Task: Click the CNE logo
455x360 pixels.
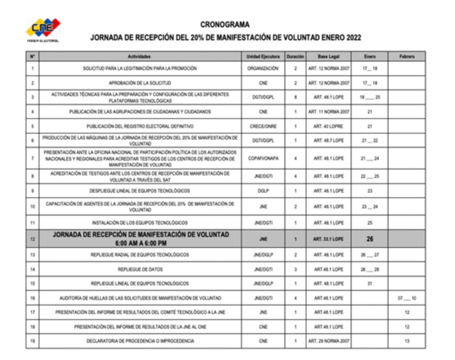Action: [43, 29]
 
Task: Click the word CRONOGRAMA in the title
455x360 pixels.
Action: [225, 25]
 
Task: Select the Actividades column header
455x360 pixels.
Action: [139, 56]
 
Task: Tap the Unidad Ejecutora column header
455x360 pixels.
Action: [263, 56]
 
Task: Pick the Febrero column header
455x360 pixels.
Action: [407, 56]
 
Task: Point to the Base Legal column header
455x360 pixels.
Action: [328, 56]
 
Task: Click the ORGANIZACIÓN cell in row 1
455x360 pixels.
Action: [263, 68]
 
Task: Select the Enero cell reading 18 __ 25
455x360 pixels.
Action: [370, 97]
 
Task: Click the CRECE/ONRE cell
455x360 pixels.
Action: [263, 126]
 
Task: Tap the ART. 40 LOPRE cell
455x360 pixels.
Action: [328, 126]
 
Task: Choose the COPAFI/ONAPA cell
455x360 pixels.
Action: [263, 158]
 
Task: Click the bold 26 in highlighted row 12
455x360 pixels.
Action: [370, 239]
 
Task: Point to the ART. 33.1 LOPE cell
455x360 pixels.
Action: [328, 239]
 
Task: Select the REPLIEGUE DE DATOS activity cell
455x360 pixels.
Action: [140, 269]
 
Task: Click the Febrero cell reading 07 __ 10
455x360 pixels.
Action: [407, 298]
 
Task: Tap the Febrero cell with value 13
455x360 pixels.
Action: [407, 341]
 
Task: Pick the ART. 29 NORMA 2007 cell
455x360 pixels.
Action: [328, 341]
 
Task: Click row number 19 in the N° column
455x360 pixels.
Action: [32, 341]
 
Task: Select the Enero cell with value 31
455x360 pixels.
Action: [370, 284]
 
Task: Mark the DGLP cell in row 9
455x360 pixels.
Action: [263, 191]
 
